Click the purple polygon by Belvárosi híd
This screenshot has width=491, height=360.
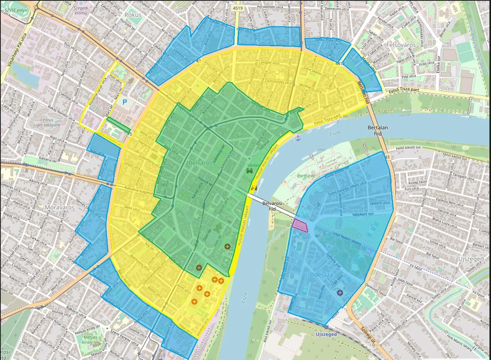(300, 225)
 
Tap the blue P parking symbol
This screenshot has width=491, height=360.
(124, 102)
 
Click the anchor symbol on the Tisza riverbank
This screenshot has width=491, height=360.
(297, 137)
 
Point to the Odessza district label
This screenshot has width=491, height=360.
(321, 275)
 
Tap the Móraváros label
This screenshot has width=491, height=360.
(59, 207)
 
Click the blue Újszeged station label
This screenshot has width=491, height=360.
(326, 334)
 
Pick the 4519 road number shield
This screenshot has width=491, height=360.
(238, 8)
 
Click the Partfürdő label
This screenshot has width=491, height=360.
(306, 176)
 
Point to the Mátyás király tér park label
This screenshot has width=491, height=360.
(90, 340)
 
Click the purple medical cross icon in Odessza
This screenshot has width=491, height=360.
(339, 293)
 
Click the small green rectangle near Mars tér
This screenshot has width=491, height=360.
(118, 126)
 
